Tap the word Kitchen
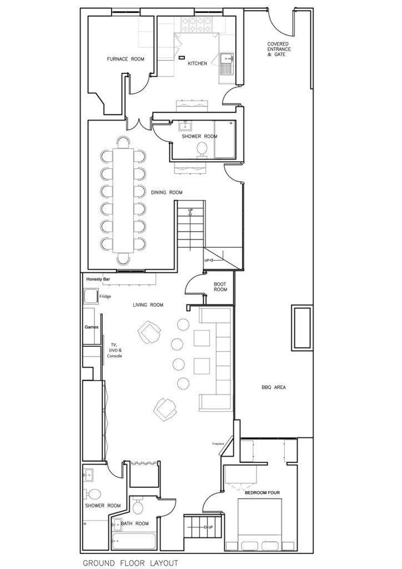click(x=197, y=63)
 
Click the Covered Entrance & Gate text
click(x=277, y=49)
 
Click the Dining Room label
click(x=167, y=192)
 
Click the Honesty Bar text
click(x=99, y=279)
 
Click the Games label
click(x=91, y=327)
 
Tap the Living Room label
click(x=148, y=305)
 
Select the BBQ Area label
click(x=273, y=387)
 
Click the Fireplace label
click(x=218, y=444)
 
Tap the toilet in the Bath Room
click(x=139, y=507)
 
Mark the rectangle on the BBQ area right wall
click(x=300, y=328)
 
